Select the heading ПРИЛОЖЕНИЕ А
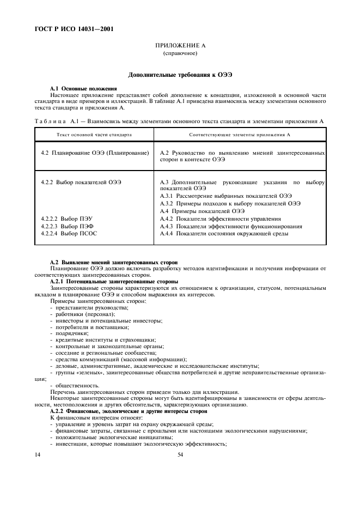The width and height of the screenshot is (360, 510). click(180, 47)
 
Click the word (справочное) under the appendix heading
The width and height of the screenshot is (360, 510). click(180, 54)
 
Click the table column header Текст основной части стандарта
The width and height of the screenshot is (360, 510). click(94, 134)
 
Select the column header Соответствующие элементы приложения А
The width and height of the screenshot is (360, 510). click(239, 134)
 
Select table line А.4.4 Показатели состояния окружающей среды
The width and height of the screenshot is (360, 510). click(224, 233)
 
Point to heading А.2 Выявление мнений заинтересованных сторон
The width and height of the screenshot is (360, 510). click(113, 263)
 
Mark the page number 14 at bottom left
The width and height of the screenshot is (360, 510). click(38, 454)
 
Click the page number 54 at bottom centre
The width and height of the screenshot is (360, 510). click(180, 454)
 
